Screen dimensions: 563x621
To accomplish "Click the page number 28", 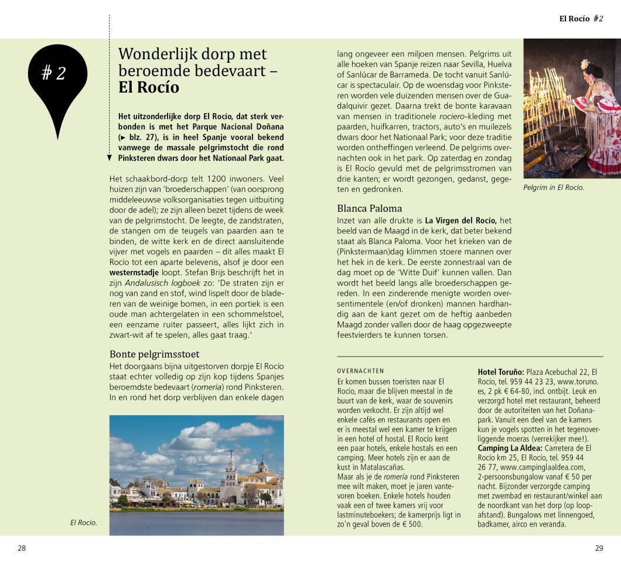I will pos(22,548).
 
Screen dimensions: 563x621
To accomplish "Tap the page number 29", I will pos(599,548).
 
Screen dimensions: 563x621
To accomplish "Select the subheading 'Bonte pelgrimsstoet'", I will pos(155,354).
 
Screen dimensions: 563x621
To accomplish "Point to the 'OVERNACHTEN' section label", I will pos(360,371).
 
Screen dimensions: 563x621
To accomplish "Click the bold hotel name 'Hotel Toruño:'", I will pos(501,372).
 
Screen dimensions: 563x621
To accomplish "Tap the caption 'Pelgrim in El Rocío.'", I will pos(554,188).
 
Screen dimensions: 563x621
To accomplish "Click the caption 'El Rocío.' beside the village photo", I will pos(84,522).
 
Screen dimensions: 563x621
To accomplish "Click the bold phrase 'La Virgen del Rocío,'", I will pos(460,220).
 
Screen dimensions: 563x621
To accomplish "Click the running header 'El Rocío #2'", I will pos(581,18).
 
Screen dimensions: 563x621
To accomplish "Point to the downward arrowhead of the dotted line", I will pos(110,158).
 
